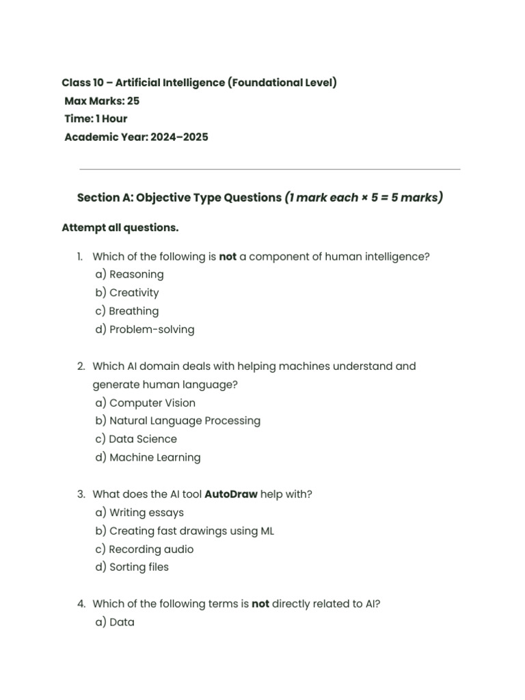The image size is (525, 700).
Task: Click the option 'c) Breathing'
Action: tap(126, 311)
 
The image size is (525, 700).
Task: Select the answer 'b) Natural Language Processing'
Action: tap(178, 421)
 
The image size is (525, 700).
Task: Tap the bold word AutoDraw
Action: tap(231, 494)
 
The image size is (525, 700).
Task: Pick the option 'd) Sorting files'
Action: tap(132, 567)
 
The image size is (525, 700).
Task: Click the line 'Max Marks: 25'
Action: tap(102, 101)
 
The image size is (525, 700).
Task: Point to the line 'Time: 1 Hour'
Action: tap(96, 119)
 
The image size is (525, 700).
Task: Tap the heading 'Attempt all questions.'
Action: tap(120, 227)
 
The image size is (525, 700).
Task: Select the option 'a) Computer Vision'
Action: tap(145, 403)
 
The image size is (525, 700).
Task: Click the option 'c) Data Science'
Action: tap(136, 440)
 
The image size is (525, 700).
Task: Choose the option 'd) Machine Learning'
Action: tap(148, 458)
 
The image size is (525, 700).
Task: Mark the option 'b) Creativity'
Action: tap(127, 293)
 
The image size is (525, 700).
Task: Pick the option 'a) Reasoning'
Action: tap(129, 275)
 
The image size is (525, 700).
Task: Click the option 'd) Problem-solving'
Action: tap(145, 329)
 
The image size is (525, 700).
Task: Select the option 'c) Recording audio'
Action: tap(144, 550)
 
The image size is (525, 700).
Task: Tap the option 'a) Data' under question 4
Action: tap(115, 623)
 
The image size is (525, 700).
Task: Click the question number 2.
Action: tap(81, 366)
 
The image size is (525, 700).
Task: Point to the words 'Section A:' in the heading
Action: tap(105, 198)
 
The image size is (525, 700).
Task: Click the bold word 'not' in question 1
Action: tap(228, 257)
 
